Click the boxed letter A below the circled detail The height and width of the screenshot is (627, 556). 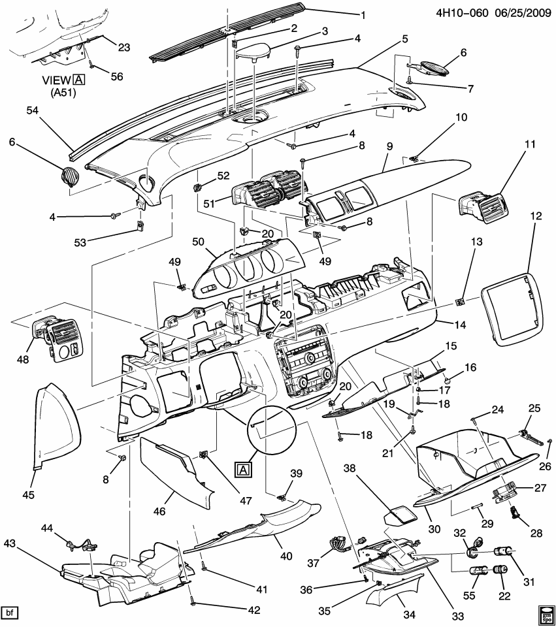[x=242, y=469]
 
